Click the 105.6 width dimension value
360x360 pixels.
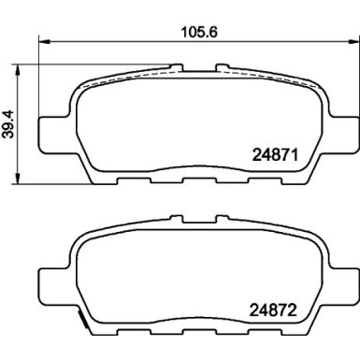(199, 32)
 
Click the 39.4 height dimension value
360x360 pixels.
(7, 124)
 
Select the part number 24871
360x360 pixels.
(275, 155)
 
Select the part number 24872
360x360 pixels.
(273, 310)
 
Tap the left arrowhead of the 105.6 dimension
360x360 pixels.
(44, 41)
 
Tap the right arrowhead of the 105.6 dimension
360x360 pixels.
(353, 41)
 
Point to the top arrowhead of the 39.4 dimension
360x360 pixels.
(18, 70)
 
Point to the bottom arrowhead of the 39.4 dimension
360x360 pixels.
(18, 178)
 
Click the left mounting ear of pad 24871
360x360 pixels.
(54, 136)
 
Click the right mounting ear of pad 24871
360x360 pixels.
(343, 136)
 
